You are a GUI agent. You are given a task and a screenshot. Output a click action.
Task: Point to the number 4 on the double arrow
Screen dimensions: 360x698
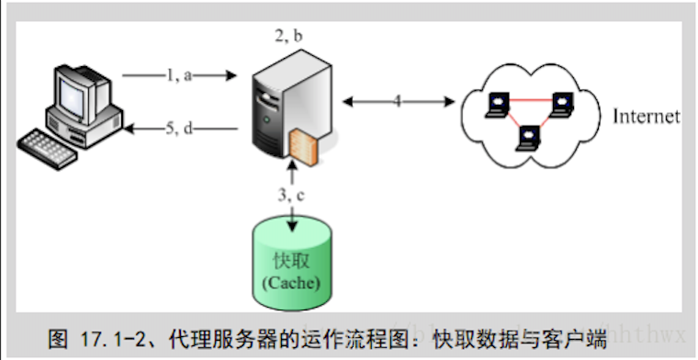(398, 100)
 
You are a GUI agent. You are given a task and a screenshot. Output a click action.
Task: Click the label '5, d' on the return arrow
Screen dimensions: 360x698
(180, 129)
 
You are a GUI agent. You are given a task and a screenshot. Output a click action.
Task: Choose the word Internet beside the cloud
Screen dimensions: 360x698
(647, 117)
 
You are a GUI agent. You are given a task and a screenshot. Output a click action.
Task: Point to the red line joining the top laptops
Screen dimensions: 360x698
(529, 97)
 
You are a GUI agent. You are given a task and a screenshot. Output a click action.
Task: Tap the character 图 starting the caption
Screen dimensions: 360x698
(58, 336)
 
